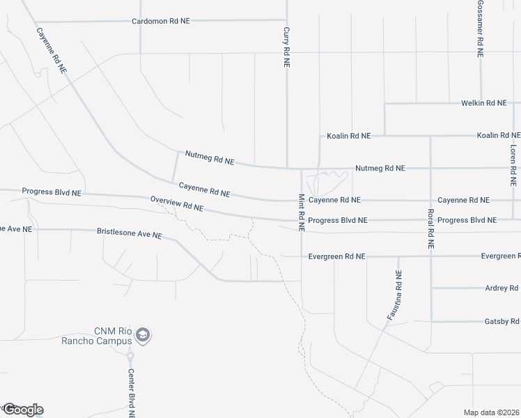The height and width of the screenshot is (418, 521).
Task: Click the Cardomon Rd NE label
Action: pyautogui.click(x=161, y=22)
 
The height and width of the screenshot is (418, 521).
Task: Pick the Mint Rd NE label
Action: pyautogui.click(x=302, y=212)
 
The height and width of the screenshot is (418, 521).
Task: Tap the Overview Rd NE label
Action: pyautogui.click(x=177, y=204)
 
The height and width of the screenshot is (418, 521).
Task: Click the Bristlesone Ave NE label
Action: pyautogui.click(x=129, y=233)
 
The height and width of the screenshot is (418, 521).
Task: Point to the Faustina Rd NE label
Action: pyautogui.click(x=394, y=296)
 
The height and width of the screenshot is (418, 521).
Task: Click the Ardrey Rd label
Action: pyautogui.click(x=501, y=288)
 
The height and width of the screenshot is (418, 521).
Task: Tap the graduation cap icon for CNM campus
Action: pyautogui.click(x=143, y=335)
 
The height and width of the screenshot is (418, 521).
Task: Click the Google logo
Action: pyautogui.click(x=22, y=410)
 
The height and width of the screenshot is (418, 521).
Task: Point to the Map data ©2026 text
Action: pyautogui.click(x=492, y=412)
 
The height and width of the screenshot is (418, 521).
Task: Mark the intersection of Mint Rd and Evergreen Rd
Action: pyautogui.click(x=302, y=256)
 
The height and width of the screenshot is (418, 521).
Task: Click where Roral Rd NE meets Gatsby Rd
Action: pyautogui.click(x=431, y=321)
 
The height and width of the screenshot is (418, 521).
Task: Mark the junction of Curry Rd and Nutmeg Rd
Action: pyautogui.click(x=287, y=168)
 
